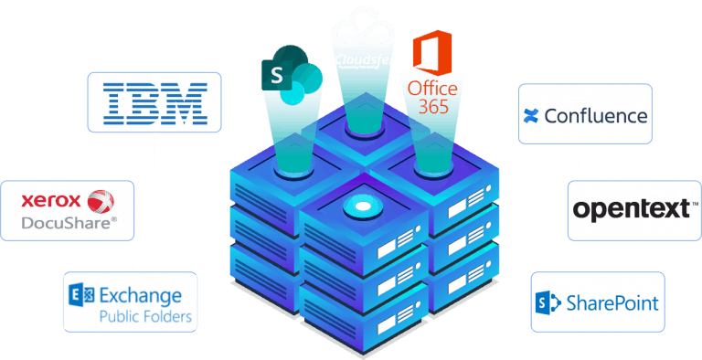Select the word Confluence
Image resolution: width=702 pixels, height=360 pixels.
tap(595, 116)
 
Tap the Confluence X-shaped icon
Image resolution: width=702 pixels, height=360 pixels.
tap(530, 116)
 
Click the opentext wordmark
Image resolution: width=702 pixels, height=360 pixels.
tap(630, 210)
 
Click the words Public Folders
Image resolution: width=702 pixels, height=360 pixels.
tap(146, 317)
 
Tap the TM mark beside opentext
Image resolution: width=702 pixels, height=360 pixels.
tap(694, 203)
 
